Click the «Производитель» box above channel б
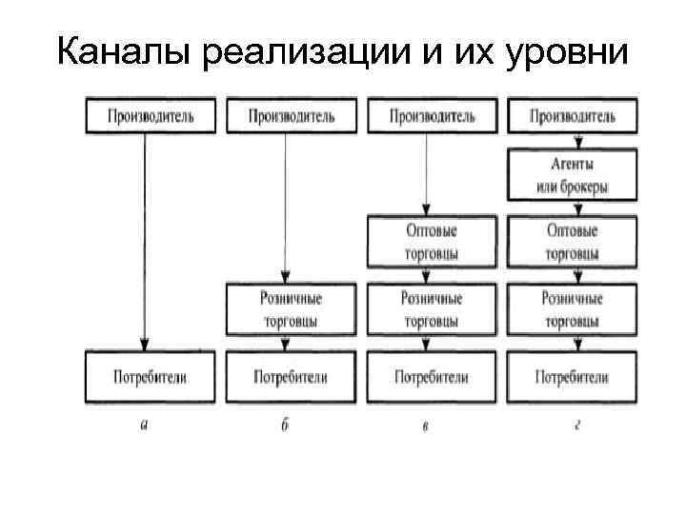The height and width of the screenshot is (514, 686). pyautogui.click(x=291, y=116)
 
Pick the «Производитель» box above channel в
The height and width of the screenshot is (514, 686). pyautogui.click(x=432, y=116)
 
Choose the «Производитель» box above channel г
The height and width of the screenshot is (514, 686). pyautogui.click(x=573, y=116)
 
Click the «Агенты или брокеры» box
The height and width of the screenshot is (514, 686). pyautogui.click(x=573, y=176)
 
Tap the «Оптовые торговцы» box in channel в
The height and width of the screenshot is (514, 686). pyautogui.click(x=432, y=243)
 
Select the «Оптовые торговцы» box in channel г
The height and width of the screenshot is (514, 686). pyautogui.click(x=573, y=243)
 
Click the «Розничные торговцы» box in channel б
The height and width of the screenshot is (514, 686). pyautogui.click(x=291, y=309)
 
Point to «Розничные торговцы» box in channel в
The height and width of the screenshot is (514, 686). pyautogui.click(x=432, y=309)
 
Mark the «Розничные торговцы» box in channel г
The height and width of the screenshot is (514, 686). pyautogui.click(x=573, y=309)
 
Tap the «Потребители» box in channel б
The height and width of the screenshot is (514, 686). pyautogui.click(x=291, y=377)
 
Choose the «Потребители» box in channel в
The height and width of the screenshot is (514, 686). pyautogui.click(x=432, y=377)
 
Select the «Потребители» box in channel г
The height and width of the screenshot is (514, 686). pyautogui.click(x=573, y=377)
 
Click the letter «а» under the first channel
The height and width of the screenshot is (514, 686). pyautogui.click(x=144, y=425)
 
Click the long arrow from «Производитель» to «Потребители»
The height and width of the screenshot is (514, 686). pyautogui.click(x=144, y=238)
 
